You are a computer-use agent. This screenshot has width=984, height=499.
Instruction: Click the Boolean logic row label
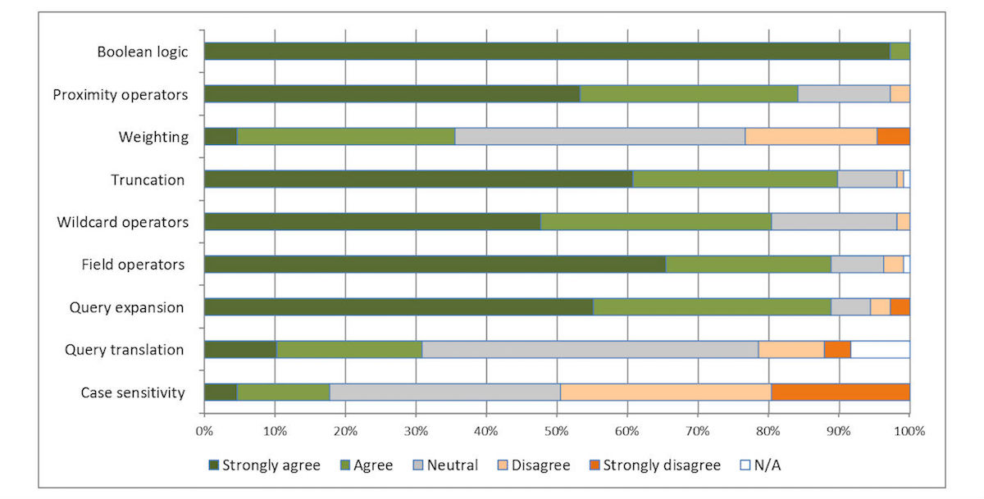point(142,52)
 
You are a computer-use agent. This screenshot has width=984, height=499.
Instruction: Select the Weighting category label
point(154,137)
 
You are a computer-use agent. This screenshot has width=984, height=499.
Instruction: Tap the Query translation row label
point(124,350)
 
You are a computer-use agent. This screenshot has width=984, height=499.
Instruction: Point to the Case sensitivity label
point(132,392)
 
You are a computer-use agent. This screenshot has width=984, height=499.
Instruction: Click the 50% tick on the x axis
point(557,429)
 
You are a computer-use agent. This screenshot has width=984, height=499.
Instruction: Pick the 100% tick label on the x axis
point(908,429)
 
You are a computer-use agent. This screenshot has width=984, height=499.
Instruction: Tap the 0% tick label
point(204,429)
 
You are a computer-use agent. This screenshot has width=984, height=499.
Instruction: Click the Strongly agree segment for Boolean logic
point(547,52)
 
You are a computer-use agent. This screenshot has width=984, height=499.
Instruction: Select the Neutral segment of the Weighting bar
point(600,137)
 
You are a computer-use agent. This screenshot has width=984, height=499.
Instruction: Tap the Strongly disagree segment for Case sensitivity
point(840,392)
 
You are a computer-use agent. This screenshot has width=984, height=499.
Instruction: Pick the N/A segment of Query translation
point(880,350)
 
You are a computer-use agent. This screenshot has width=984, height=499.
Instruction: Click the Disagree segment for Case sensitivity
point(666,392)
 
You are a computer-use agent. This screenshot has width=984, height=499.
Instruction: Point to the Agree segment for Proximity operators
point(689,94)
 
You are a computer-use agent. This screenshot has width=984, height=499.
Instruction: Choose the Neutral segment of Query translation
point(590,350)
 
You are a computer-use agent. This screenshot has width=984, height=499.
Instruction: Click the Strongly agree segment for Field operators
point(435,265)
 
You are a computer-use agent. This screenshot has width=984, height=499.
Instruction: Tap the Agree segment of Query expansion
point(712,307)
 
